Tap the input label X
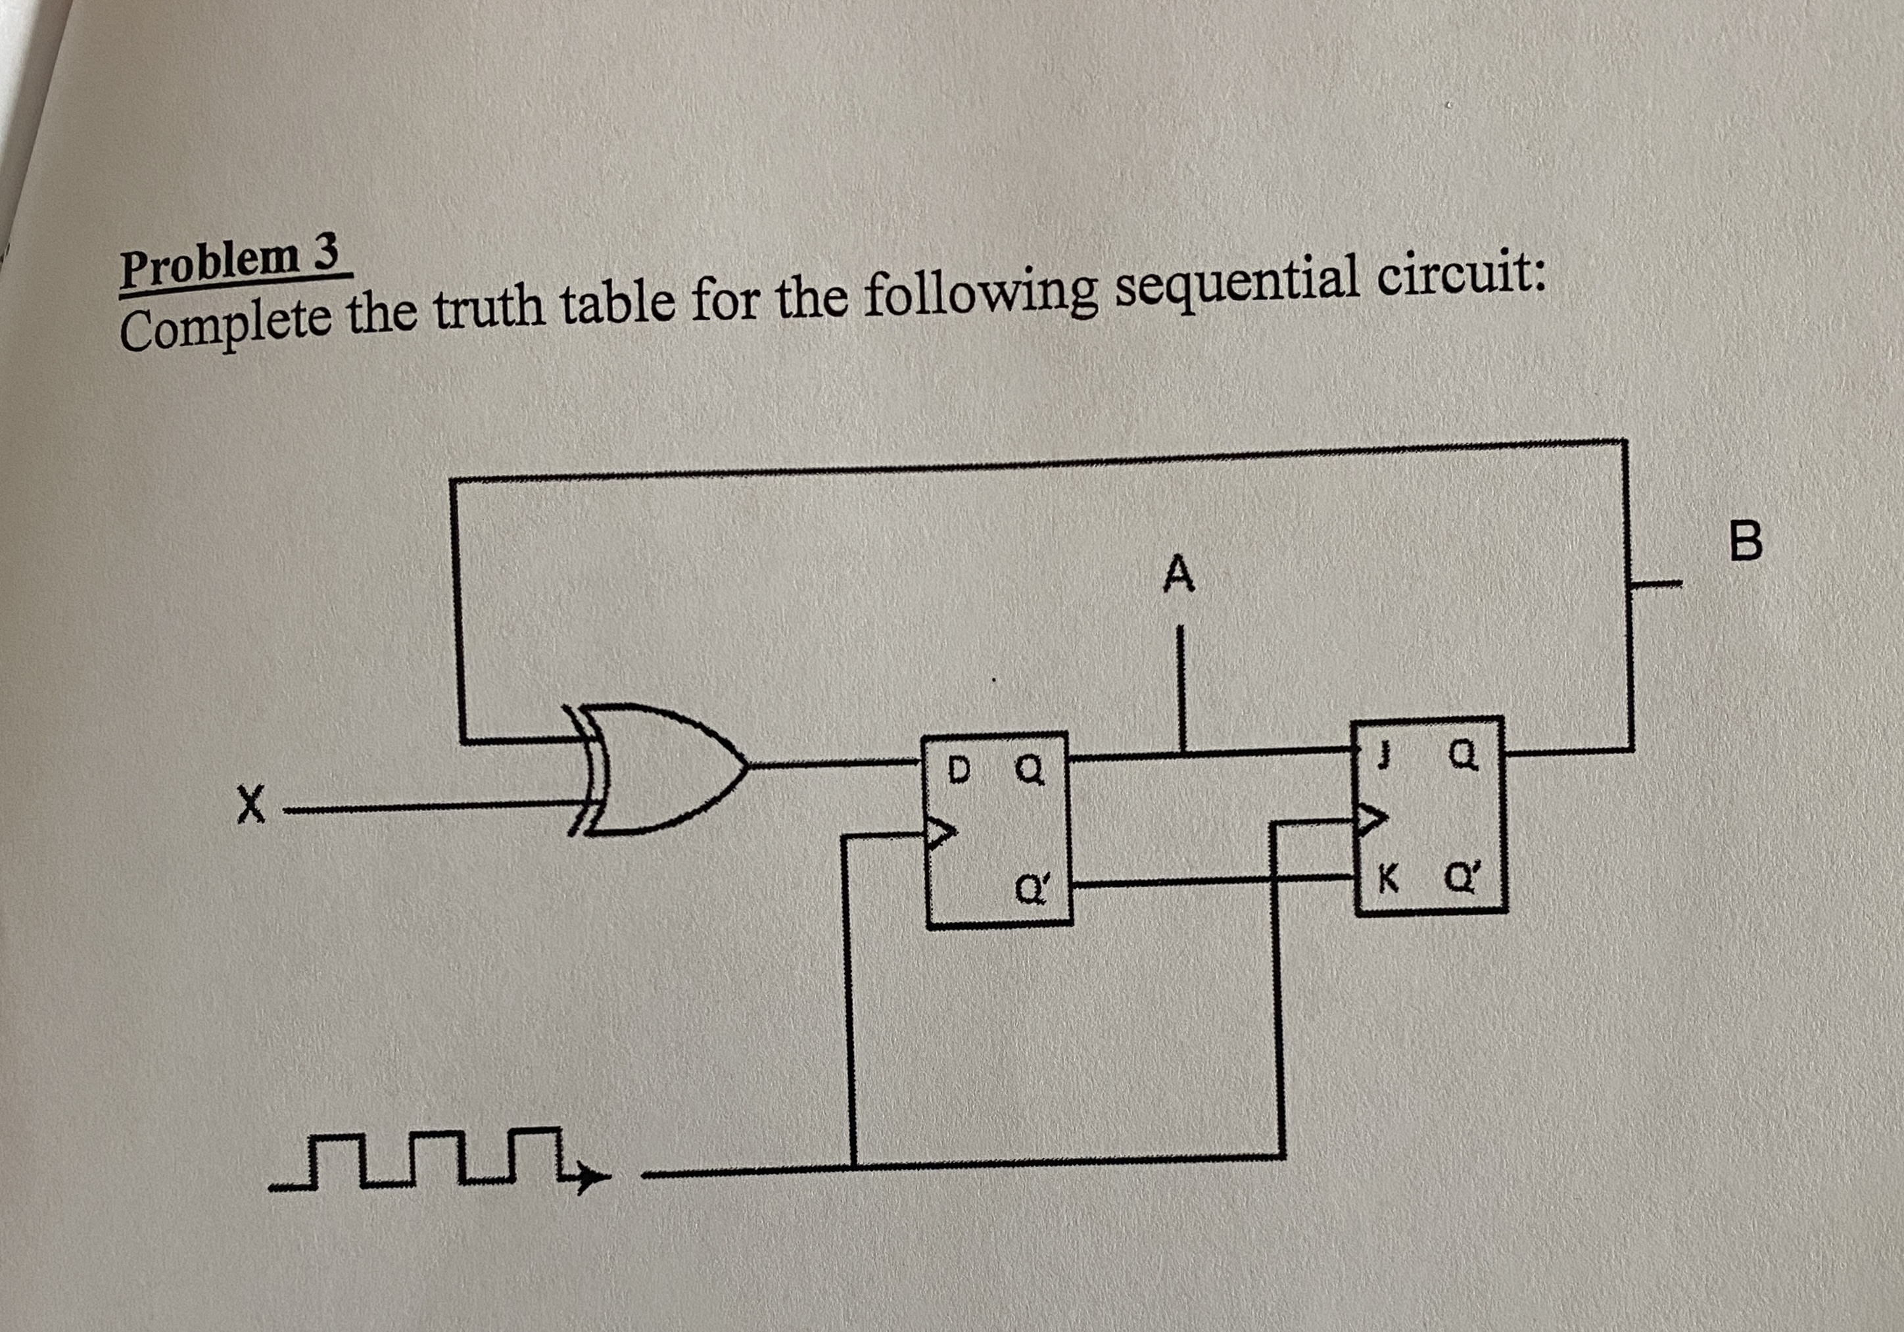tap(250, 806)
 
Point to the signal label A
tap(1178, 575)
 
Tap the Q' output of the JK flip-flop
tap(1459, 878)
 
